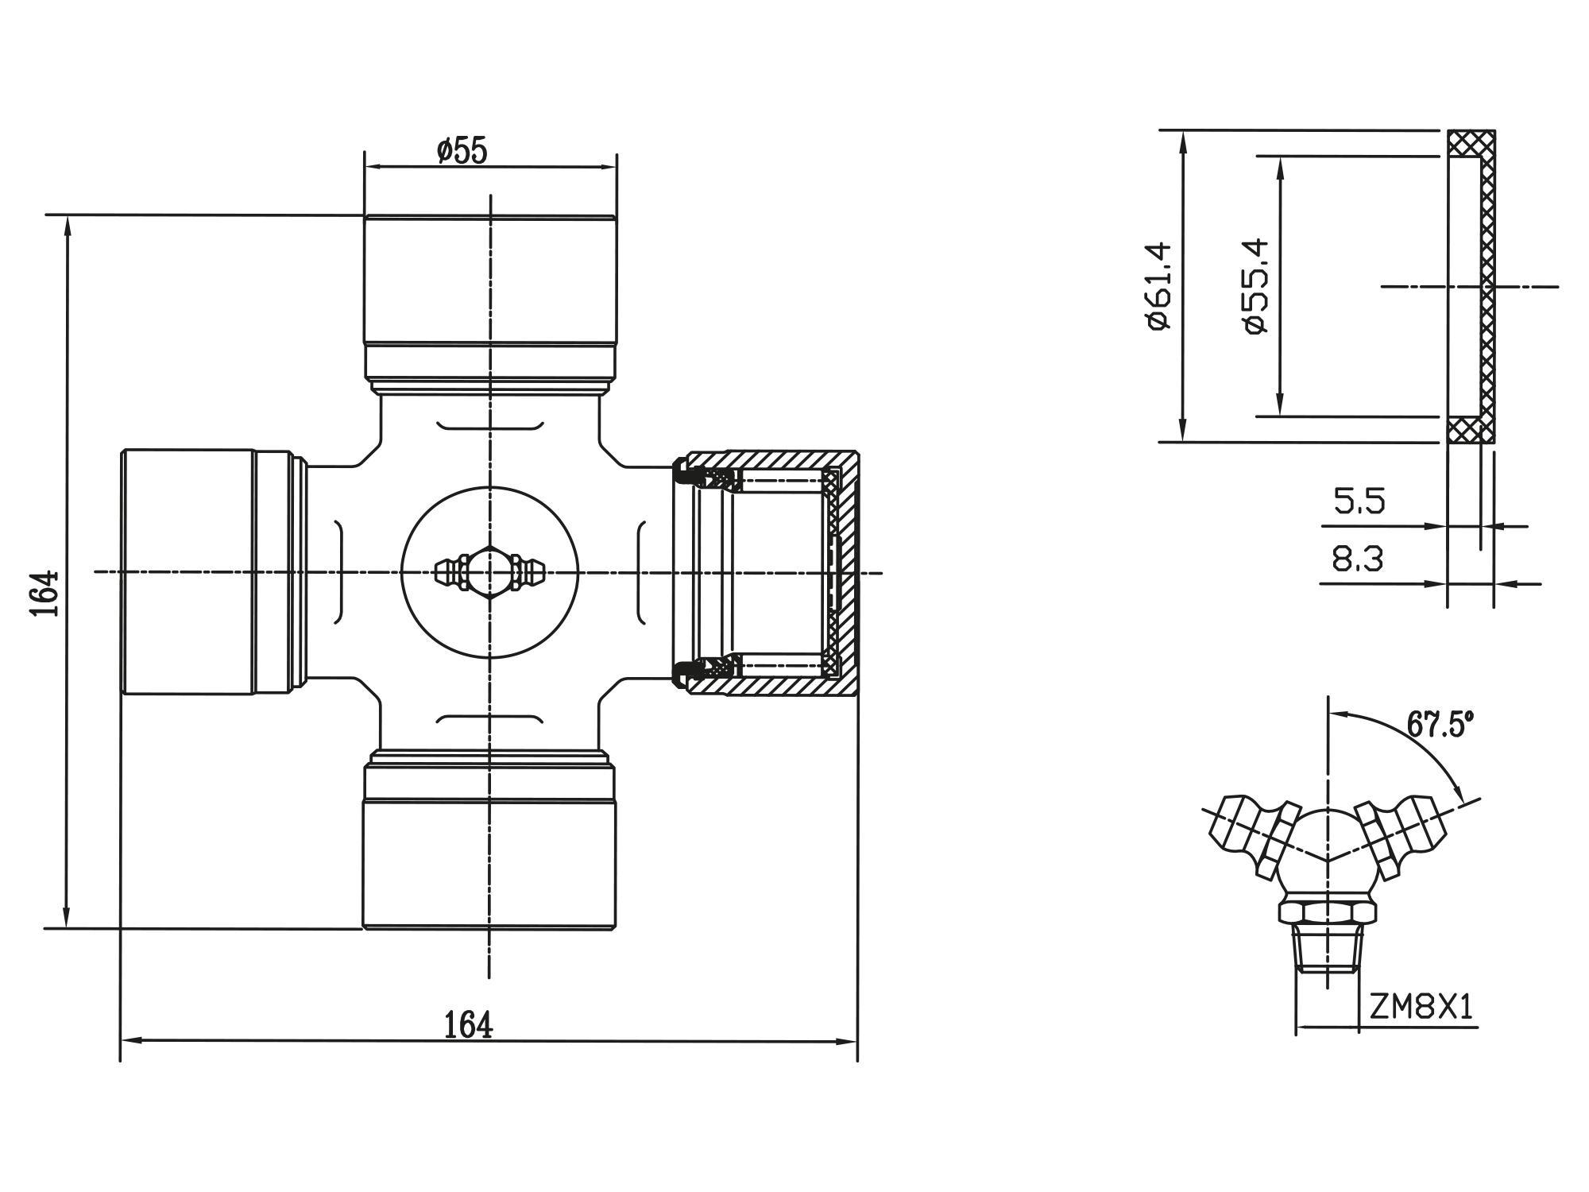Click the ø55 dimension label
click(x=462, y=150)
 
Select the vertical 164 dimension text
click(x=45, y=592)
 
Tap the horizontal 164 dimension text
click(x=468, y=1025)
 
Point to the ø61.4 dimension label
click(x=1159, y=285)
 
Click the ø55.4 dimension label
click(x=1256, y=286)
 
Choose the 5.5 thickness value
click(x=1359, y=501)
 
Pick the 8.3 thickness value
click(x=1358, y=559)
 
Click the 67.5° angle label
click(x=1440, y=724)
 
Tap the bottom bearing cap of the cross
click(x=490, y=862)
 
